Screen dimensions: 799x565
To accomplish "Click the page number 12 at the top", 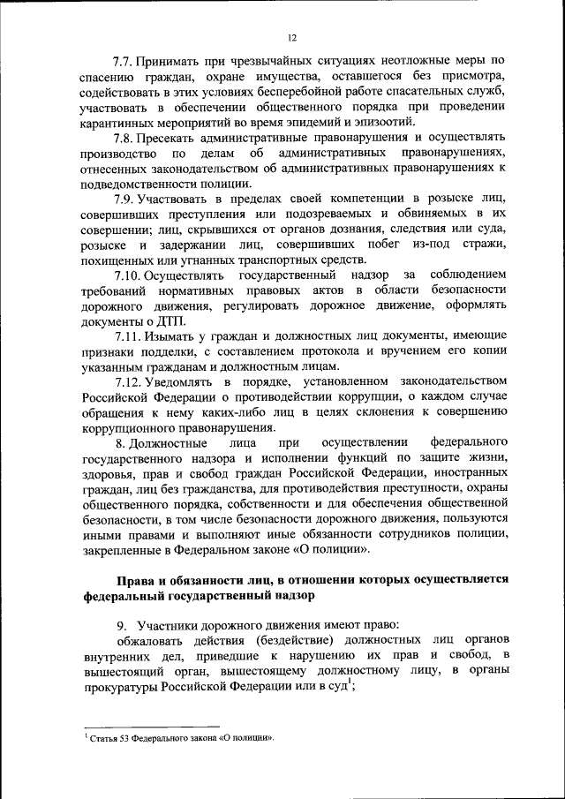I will pyautogui.click(x=292, y=38).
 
